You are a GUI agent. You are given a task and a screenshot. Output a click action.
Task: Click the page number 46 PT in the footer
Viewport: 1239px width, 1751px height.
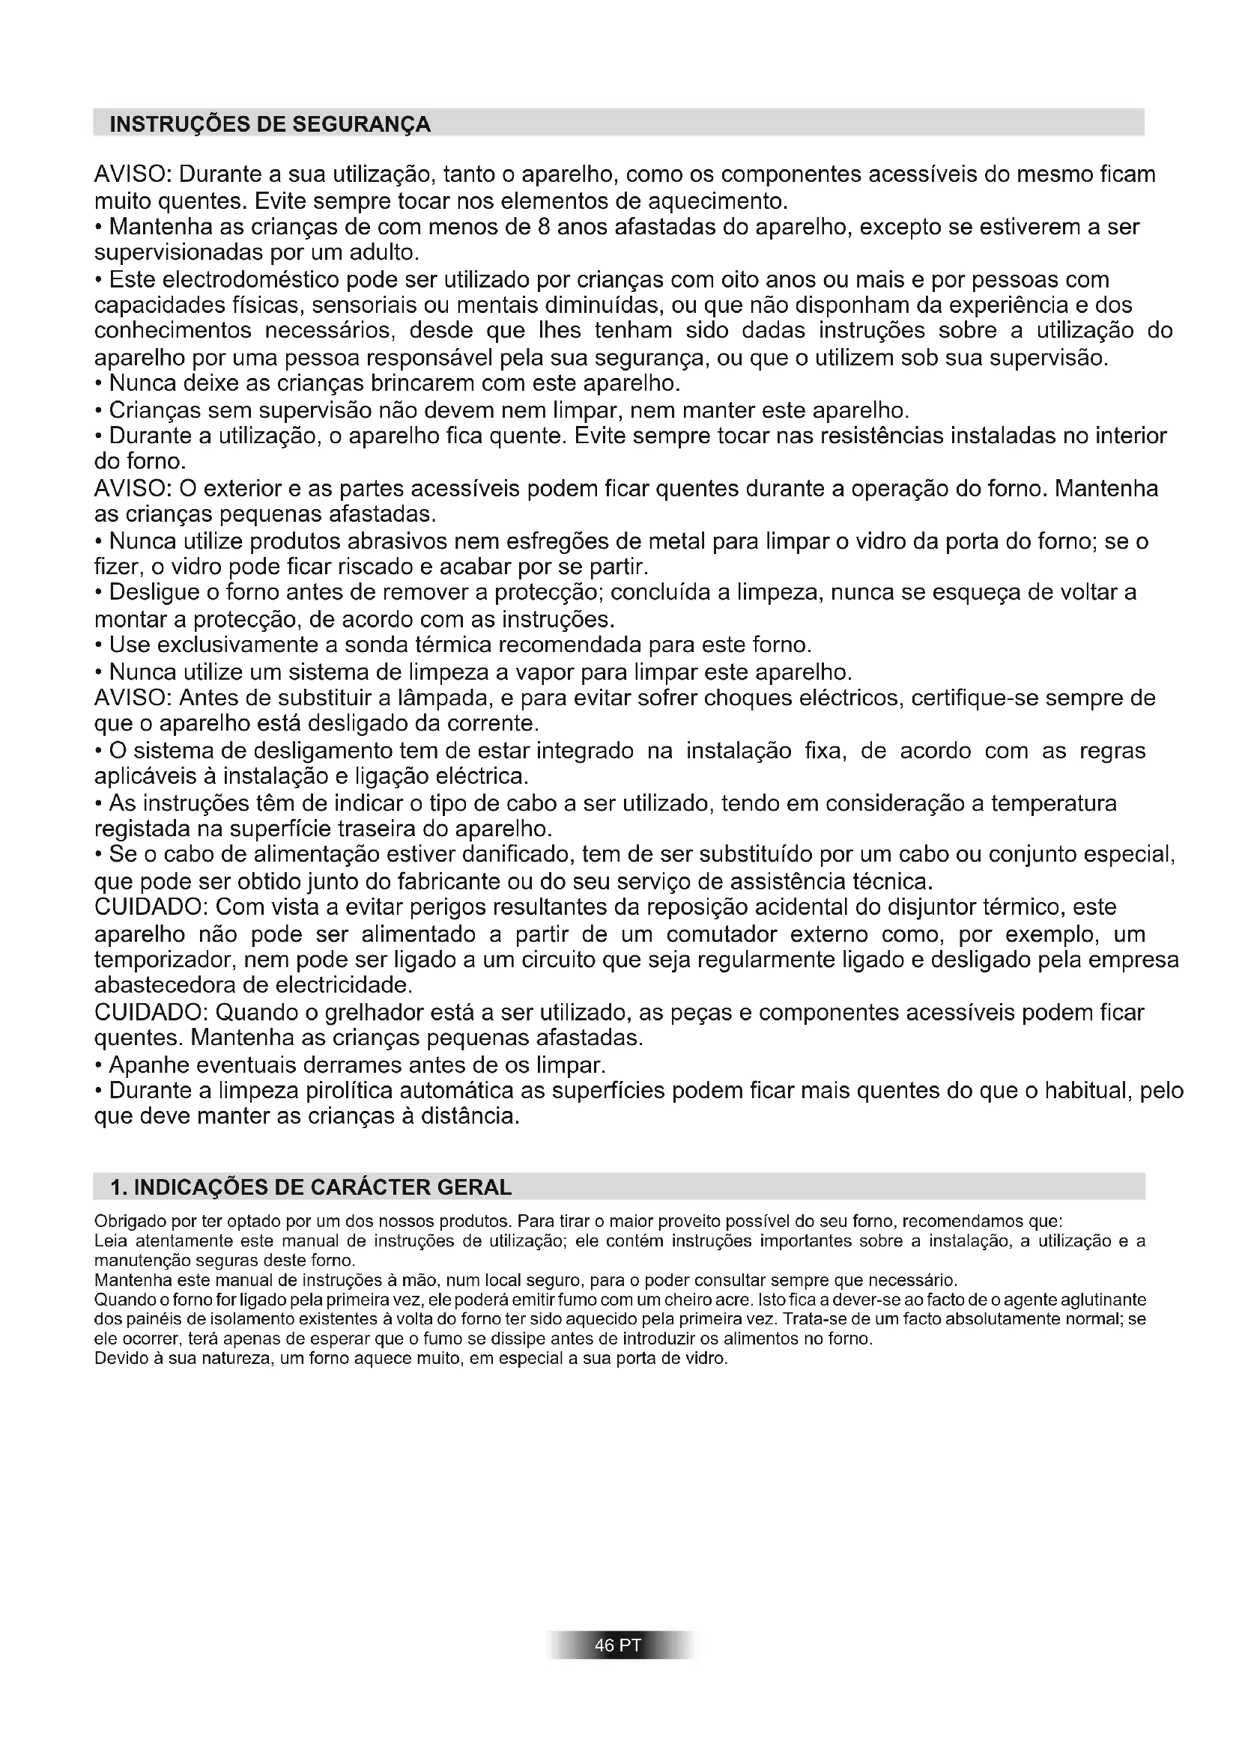(619, 1645)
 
